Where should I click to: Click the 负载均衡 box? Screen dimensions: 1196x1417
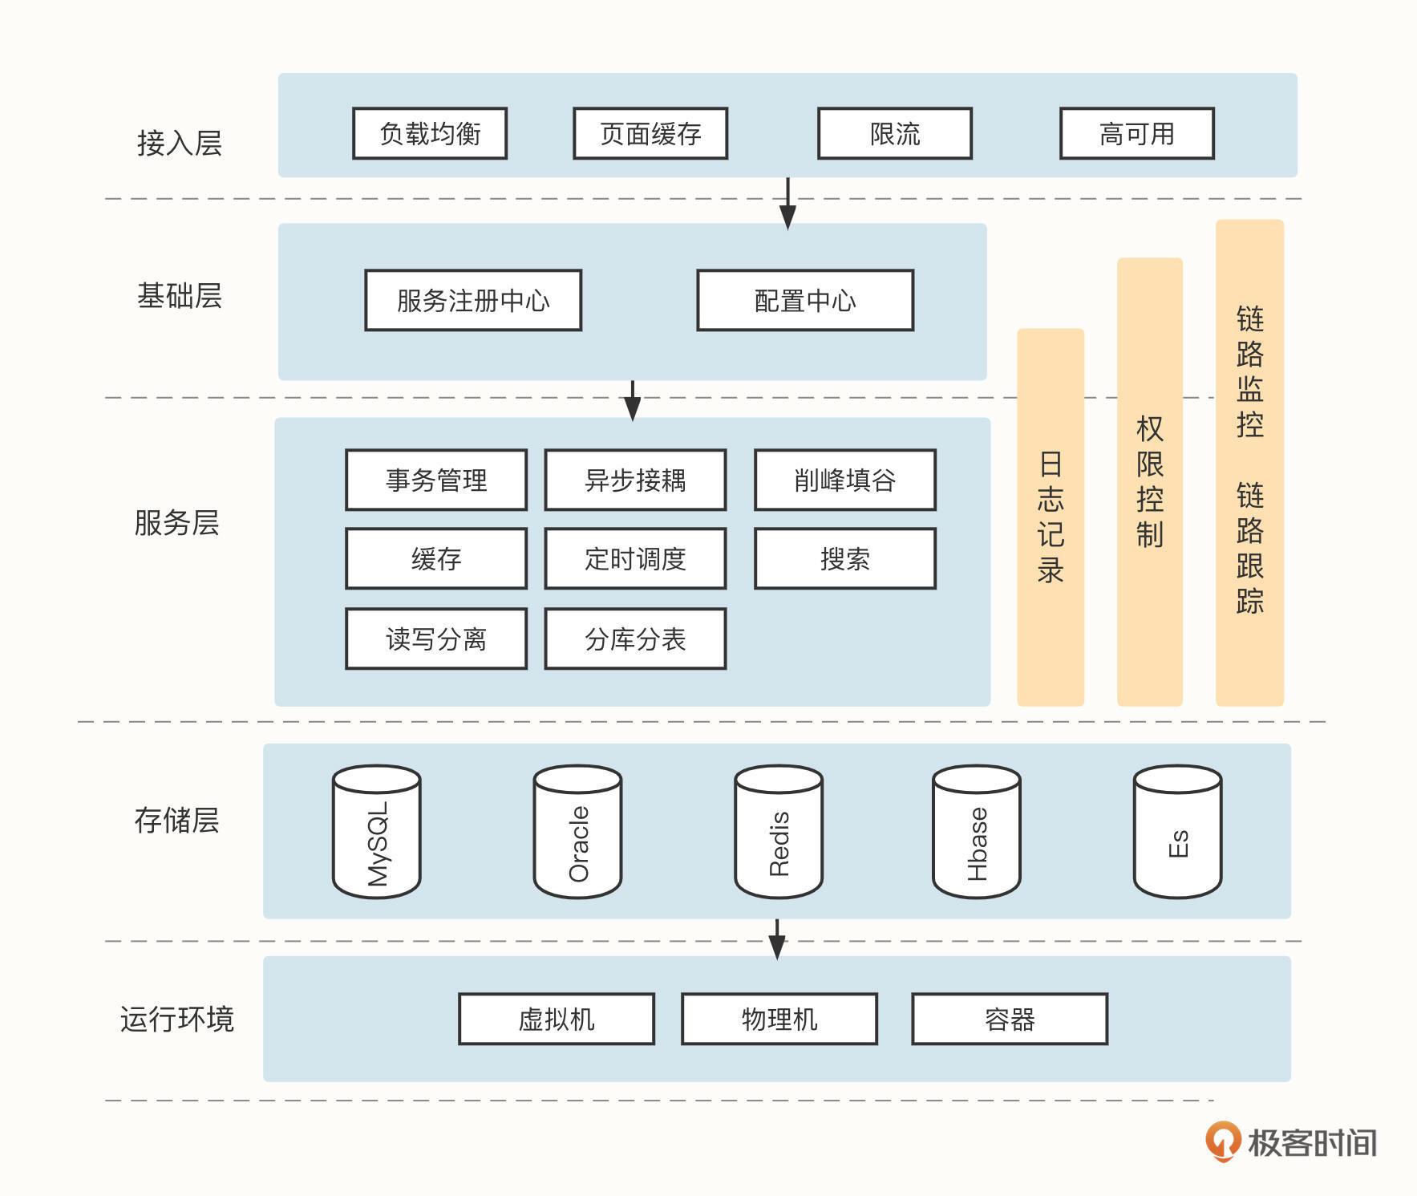pyautogui.click(x=430, y=133)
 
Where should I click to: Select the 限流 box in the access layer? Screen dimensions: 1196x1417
pyautogui.click(x=895, y=133)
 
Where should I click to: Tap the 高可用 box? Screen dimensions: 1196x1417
pyautogui.click(x=1136, y=133)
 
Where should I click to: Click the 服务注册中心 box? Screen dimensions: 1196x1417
pyautogui.click(x=473, y=300)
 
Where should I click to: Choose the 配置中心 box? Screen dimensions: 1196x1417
pyautogui.click(x=805, y=300)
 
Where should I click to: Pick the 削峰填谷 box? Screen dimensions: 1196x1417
pyautogui.click(x=844, y=480)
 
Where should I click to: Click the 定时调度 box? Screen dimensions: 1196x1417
pyautogui.click(x=635, y=558)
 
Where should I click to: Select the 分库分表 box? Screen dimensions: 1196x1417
pyautogui.click(x=635, y=639)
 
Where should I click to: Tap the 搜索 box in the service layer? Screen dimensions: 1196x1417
pyautogui.click(x=844, y=558)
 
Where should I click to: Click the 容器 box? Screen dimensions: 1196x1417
pyautogui.click(x=1010, y=1019)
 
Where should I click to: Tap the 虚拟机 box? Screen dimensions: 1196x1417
pyautogui.click(x=557, y=1019)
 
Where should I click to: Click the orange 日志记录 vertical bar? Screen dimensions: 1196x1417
pyautogui.click(x=1051, y=517)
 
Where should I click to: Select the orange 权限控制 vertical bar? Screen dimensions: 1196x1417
pyautogui.click(x=1149, y=481)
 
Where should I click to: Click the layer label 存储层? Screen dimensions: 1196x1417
pyautogui.click(x=176, y=820)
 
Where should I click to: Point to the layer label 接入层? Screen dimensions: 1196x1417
pyautogui.click(x=179, y=143)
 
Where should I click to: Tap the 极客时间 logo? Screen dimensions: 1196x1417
pyautogui.click(x=1291, y=1141)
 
